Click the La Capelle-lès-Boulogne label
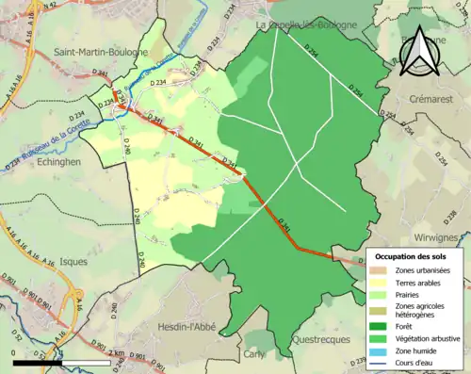306,24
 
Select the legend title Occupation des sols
412,256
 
